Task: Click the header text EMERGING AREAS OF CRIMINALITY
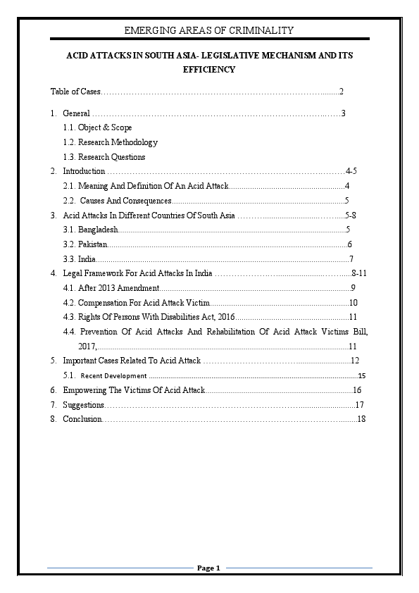[208, 30]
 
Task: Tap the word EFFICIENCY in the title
[208, 70]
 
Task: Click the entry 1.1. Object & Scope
[97, 127]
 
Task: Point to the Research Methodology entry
[110, 142]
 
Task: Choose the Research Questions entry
[104, 157]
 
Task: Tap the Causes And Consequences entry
[125, 201]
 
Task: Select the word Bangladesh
[96, 230]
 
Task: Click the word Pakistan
[92, 244]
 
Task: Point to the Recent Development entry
[114, 376]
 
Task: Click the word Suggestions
[83, 405]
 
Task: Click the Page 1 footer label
[209, 568]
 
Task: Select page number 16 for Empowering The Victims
[357, 390]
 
